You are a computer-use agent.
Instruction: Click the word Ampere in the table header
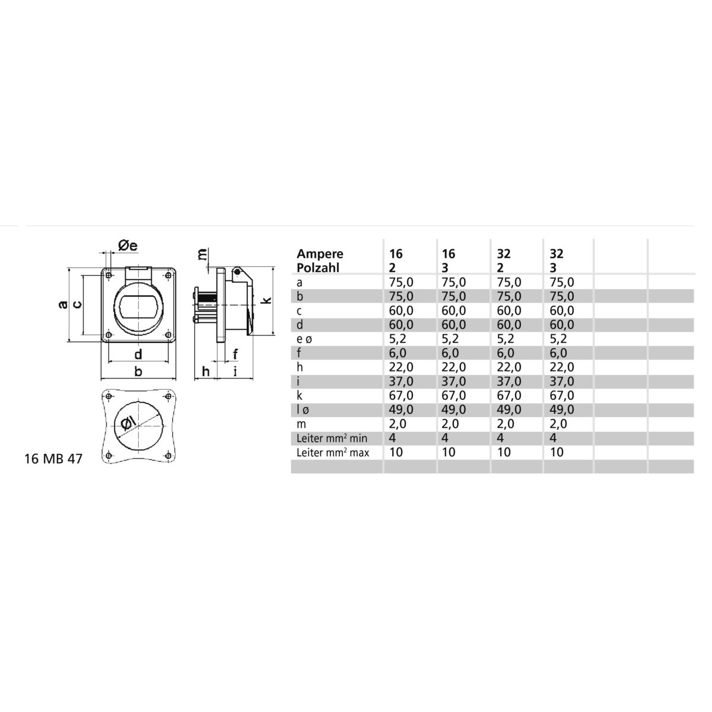click(320, 254)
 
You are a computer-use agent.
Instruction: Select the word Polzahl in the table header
click(318, 268)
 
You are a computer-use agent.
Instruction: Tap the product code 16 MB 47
click(53, 459)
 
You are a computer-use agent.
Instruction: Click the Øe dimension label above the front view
click(128, 245)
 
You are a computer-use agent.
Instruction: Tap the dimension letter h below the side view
click(206, 371)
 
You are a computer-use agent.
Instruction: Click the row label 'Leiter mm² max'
click(332, 453)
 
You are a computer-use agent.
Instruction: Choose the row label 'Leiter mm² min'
click(332, 438)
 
